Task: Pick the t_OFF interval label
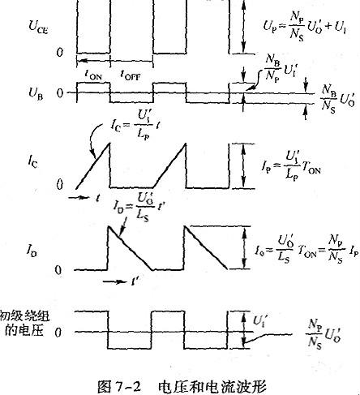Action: point(132,74)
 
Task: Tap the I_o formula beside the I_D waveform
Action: point(305,242)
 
